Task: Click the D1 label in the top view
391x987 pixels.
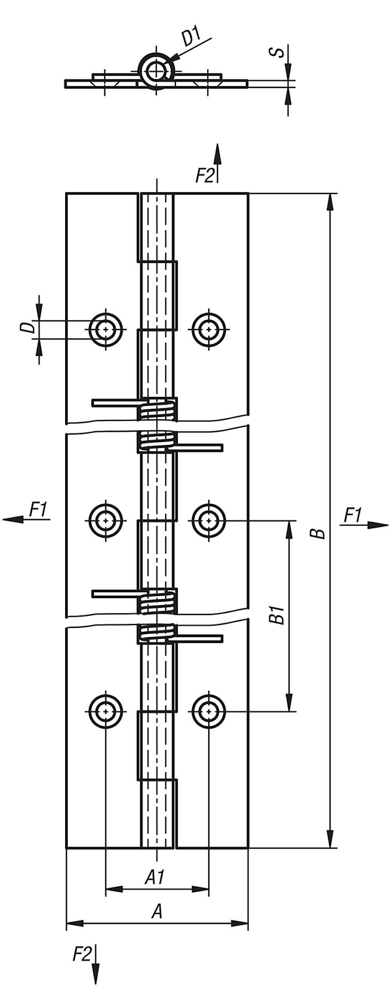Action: click(191, 38)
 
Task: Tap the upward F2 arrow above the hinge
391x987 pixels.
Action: click(217, 156)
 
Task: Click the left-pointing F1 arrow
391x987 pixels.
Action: click(16, 519)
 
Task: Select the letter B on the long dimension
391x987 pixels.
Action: click(320, 533)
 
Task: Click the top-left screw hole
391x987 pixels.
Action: click(106, 330)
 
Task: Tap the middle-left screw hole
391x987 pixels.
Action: click(106, 520)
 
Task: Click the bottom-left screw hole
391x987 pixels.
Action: click(106, 711)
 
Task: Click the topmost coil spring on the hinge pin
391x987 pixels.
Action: click(157, 409)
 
